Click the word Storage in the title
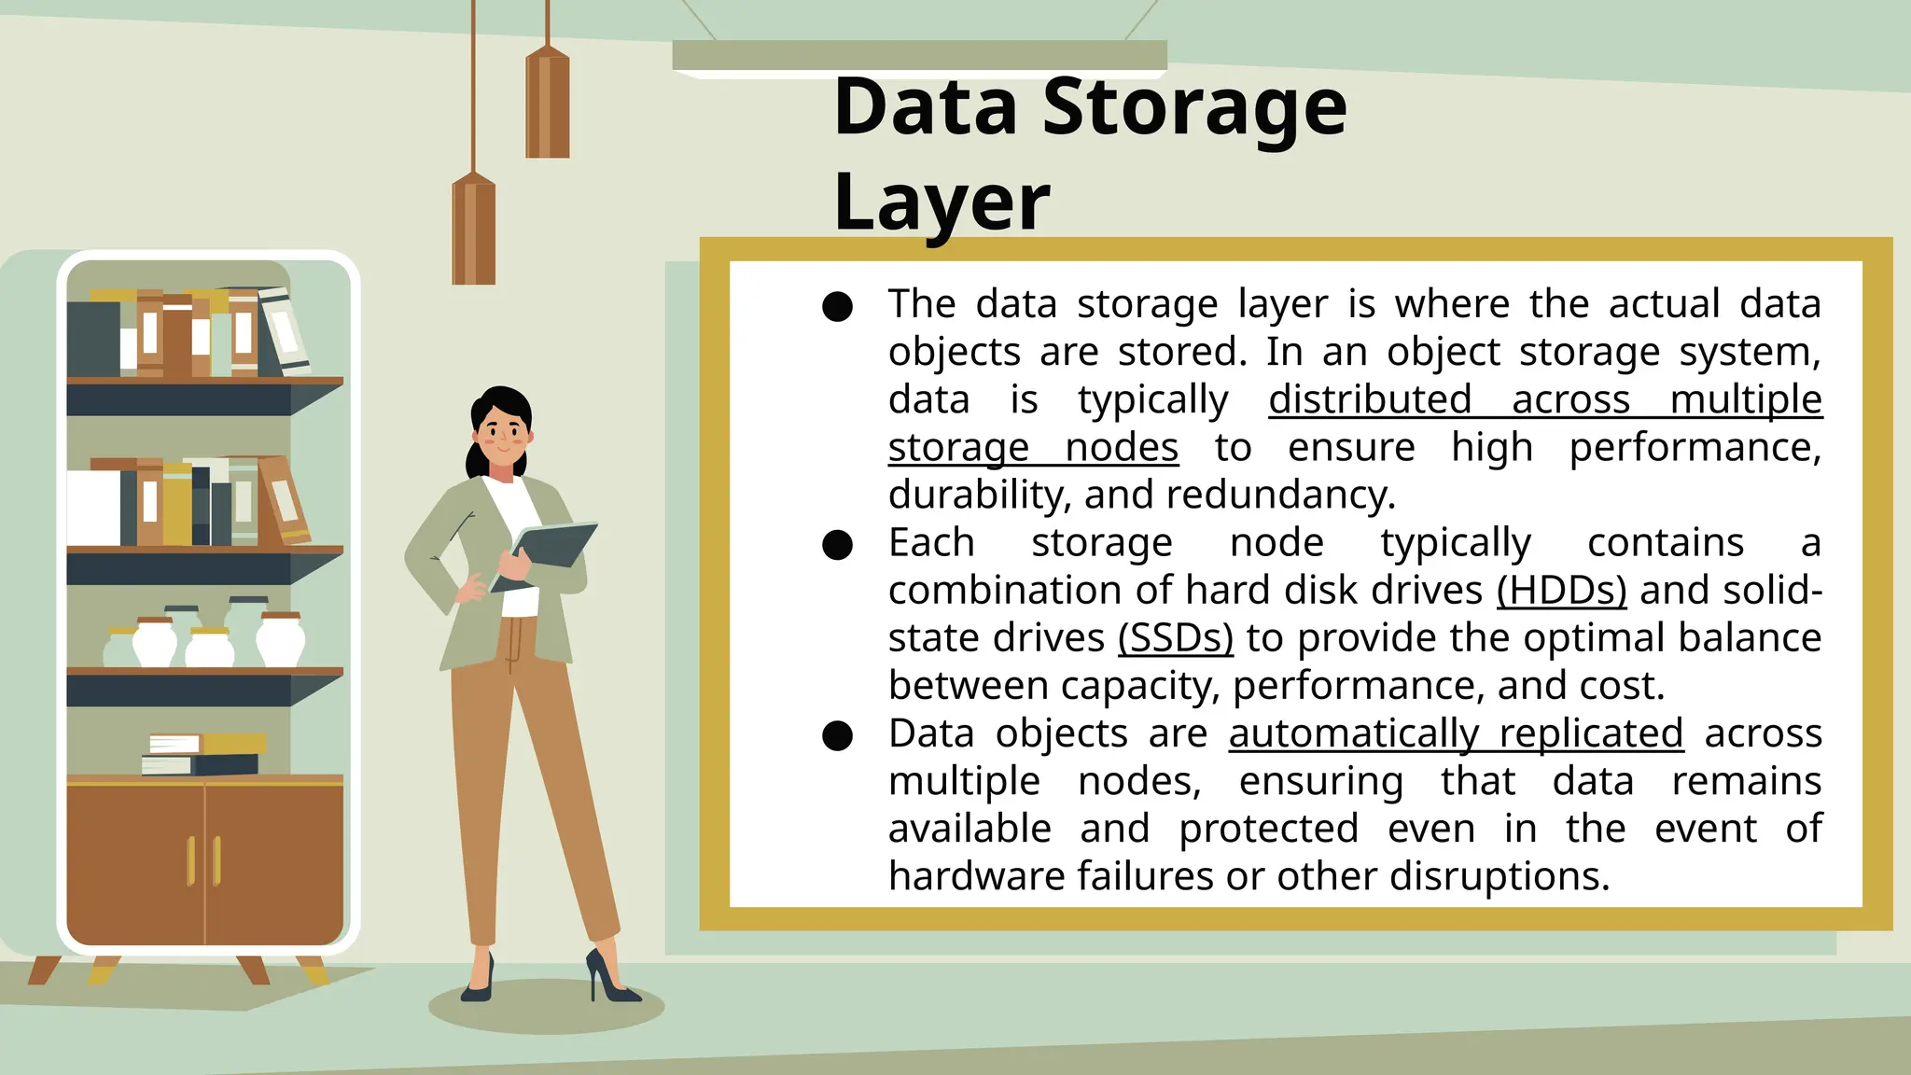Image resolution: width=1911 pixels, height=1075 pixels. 1193,108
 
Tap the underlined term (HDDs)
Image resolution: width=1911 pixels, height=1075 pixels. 1561,591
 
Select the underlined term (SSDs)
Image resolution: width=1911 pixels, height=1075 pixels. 1175,638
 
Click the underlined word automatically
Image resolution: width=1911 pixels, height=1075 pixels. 1353,733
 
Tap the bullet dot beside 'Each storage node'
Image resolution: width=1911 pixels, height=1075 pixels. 837,545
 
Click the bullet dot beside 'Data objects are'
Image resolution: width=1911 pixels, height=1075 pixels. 837,735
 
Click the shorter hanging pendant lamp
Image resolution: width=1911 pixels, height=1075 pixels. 548,103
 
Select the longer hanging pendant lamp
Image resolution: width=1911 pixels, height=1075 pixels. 474,229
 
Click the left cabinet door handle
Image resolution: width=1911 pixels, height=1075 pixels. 191,860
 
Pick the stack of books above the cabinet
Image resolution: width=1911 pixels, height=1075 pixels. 203,755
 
